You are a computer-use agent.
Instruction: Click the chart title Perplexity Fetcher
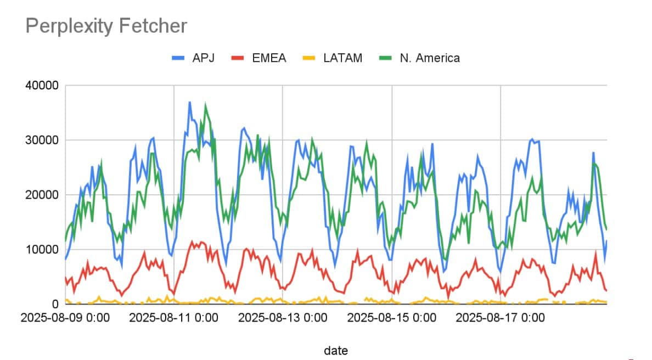click(106, 26)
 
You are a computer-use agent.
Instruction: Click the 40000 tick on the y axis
click(43, 86)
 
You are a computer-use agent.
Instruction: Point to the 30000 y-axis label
click(43, 140)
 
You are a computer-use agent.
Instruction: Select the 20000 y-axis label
click(43, 195)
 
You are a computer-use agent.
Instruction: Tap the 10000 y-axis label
click(43, 249)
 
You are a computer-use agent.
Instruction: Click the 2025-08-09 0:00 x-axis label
click(65, 318)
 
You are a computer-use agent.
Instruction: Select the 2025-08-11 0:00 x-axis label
click(174, 318)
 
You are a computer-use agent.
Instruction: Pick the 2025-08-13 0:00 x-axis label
click(283, 318)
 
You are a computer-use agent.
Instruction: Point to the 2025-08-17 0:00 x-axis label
click(500, 318)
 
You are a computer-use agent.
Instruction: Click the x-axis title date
click(335, 350)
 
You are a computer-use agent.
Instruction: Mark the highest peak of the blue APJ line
click(190, 102)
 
